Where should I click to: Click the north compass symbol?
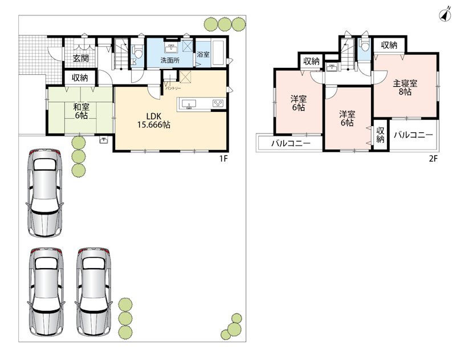click(445, 15)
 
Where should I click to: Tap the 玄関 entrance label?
click(80, 58)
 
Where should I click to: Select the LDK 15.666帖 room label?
click(154, 120)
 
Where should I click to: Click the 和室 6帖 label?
click(81, 111)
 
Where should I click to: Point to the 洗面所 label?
click(170, 60)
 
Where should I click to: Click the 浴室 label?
click(203, 54)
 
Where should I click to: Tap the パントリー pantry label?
click(173, 88)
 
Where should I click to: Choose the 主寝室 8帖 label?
click(405, 88)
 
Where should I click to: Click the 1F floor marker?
click(223, 159)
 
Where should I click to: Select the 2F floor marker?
click(433, 159)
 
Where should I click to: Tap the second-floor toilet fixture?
click(364, 44)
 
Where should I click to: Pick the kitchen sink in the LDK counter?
click(189, 104)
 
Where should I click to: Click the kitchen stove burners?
click(218, 103)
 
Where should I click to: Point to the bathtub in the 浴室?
click(218, 54)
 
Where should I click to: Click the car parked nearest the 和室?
click(45, 193)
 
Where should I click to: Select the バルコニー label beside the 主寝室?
click(413, 135)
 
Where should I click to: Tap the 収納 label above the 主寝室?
click(389, 45)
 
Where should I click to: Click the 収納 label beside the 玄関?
click(80, 78)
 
